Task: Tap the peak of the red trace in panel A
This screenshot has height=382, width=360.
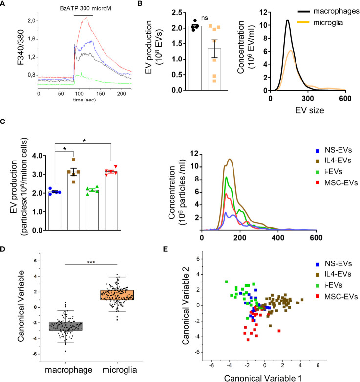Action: pos(86,18)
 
